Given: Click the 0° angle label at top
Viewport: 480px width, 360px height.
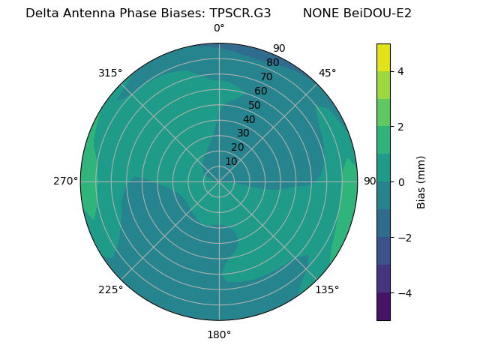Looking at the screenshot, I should point(219,28).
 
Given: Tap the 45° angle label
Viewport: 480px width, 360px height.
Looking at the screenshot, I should point(327,73).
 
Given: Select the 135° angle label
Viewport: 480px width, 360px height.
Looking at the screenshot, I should point(327,289).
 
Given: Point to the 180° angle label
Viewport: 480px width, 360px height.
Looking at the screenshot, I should point(219,334).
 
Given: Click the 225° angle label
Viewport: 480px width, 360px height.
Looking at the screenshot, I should point(110,289).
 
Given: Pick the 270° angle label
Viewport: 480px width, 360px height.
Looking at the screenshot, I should point(66,181).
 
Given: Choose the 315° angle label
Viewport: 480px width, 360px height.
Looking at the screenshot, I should point(110,73).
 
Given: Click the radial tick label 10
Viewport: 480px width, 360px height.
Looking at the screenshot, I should point(231,161).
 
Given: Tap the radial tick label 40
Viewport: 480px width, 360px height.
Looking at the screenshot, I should point(249,119).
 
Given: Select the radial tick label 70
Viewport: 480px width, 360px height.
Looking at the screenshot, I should point(266,76).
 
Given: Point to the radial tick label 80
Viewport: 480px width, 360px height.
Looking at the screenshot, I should point(272,62).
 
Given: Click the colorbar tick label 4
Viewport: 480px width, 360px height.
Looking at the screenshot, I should point(400,71).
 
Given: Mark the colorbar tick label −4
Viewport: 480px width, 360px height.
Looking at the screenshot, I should point(403,292).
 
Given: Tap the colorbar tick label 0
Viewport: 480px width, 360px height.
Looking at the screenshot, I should point(400,182).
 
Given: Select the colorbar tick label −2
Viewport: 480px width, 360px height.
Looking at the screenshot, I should point(403,238).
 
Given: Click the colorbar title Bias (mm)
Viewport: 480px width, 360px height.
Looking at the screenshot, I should point(421,181).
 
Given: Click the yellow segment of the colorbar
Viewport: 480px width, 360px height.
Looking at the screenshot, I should point(383,57).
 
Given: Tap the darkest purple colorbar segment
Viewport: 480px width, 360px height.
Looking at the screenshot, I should point(383,306).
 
